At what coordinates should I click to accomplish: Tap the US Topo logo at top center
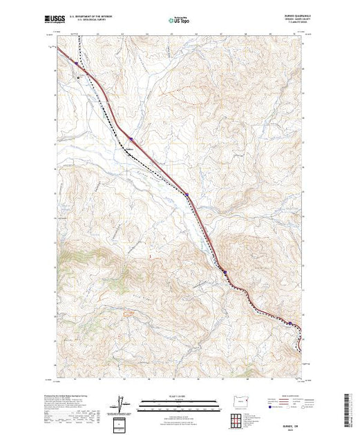click(180, 21)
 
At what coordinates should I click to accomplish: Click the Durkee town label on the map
click(128, 147)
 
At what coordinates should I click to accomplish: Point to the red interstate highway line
click(159, 169)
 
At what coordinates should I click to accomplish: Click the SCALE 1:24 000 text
click(180, 398)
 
